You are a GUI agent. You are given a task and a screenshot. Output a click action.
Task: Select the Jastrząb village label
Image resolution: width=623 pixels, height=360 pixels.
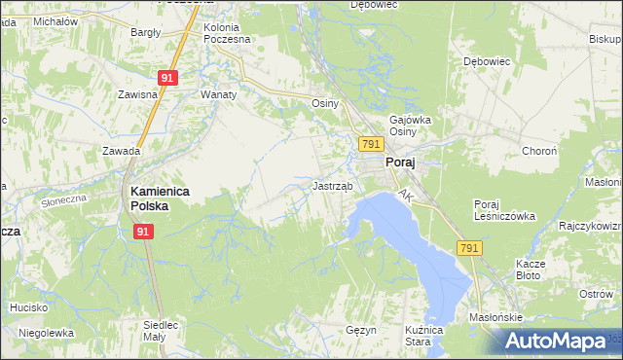click(x=333, y=185)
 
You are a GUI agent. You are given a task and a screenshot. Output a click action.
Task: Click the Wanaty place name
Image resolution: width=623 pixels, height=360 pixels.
click(x=219, y=95)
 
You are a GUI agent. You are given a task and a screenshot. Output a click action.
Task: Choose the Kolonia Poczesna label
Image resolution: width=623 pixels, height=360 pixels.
click(x=227, y=33)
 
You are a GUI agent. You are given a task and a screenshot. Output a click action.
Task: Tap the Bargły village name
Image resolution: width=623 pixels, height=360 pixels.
click(x=146, y=32)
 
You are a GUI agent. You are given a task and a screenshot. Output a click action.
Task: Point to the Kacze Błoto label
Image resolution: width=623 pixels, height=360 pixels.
click(x=536, y=270)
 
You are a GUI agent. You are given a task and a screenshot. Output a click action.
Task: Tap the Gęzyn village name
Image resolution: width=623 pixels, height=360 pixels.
click(x=361, y=330)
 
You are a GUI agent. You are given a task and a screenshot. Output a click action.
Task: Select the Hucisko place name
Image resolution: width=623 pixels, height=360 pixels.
click(x=29, y=307)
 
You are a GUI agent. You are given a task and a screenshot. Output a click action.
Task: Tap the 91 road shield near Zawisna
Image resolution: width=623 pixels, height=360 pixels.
click(x=167, y=77)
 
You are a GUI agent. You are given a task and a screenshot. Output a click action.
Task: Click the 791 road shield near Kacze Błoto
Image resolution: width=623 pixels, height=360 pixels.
click(x=469, y=248)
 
